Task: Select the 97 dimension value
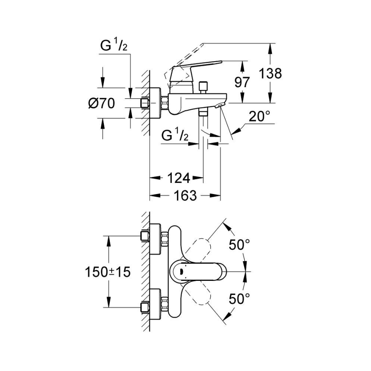pyautogui.click(x=242, y=82)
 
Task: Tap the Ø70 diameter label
pyautogui.click(x=102, y=103)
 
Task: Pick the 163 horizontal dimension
pyautogui.click(x=185, y=196)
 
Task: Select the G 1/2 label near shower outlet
pyautogui.click(x=175, y=136)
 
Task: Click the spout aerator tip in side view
pyautogui.click(x=220, y=106)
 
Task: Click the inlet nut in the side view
pyautogui.click(x=145, y=103)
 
